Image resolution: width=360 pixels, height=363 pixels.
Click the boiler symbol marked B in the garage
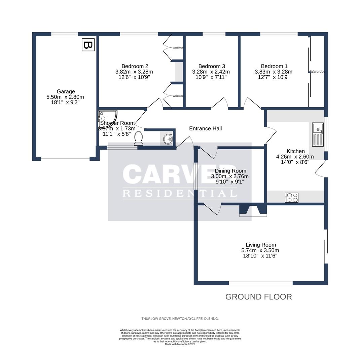tap(88, 45)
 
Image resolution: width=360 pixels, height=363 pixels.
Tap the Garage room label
tap(66, 91)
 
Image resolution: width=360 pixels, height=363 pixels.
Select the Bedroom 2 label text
tap(135, 66)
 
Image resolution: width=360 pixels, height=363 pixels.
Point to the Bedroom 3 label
tap(212, 66)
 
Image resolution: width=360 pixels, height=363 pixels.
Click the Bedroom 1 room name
tap(274, 66)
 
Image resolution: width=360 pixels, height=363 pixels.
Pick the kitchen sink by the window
tap(318, 134)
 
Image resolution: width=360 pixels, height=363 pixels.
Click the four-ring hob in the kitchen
tap(292, 197)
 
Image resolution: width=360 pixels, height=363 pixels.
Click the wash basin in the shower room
tap(168, 138)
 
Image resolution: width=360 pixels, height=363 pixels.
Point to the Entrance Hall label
tap(205, 128)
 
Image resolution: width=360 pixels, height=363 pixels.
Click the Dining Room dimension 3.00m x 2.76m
tap(230, 176)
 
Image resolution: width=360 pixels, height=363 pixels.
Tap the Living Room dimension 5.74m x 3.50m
tap(260, 250)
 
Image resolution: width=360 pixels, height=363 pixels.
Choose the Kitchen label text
tap(295, 151)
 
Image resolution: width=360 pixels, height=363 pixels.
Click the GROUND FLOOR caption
tap(258, 297)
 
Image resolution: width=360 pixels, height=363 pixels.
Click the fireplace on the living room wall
tap(253, 210)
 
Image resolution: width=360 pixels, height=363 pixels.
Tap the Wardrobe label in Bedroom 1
tap(317, 72)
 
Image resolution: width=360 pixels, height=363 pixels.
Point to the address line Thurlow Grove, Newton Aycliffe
tap(180, 319)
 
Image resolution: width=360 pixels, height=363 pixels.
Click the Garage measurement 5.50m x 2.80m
tap(65, 97)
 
